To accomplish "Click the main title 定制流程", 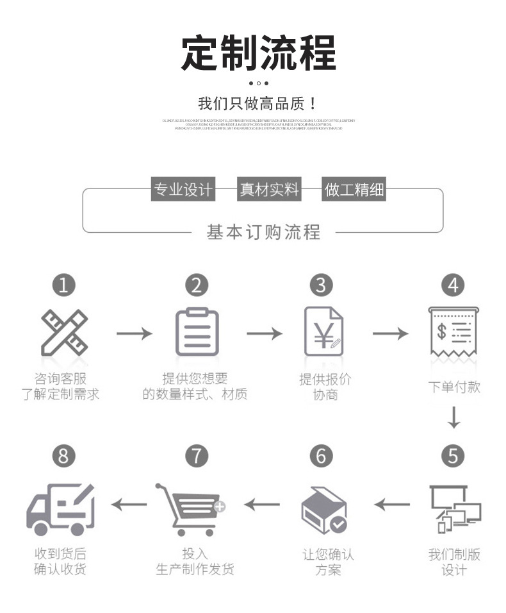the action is (258, 53).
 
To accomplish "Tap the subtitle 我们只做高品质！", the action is (257, 103).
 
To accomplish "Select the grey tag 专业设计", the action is (182, 189).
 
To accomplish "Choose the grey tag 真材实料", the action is (269, 189).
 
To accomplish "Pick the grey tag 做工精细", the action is (354, 189).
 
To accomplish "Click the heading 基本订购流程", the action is (263, 231).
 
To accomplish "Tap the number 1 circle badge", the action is (63, 285).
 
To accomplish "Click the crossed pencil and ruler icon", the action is (64, 333).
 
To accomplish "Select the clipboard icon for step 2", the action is (197, 332).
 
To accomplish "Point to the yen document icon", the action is (324, 332).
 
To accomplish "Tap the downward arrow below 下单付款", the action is (453, 417).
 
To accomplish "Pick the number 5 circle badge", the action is (453, 456).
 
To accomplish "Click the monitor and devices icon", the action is (455, 508).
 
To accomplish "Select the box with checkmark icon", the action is (323, 510).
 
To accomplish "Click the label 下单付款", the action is (454, 387).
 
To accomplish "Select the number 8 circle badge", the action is (63, 456).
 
